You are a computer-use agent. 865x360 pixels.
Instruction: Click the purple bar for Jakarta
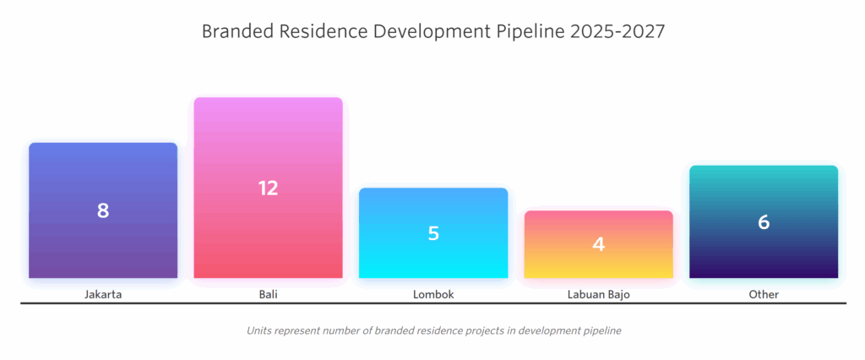(x=103, y=245)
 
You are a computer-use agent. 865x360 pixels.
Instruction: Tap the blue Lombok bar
(x=433, y=258)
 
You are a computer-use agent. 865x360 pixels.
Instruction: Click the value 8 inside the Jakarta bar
(x=103, y=210)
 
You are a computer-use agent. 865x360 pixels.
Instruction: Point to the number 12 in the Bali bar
(x=268, y=188)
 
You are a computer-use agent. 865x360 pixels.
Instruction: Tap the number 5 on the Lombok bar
(x=433, y=233)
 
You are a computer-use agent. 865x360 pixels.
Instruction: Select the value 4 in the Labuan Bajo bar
(x=599, y=244)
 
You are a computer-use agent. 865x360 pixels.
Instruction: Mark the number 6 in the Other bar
(x=764, y=222)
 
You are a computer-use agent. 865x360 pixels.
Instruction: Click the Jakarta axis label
(x=103, y=295)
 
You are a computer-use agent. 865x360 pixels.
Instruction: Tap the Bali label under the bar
(x=268, y=295)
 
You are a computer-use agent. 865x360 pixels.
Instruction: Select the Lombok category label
(x=433, y=295)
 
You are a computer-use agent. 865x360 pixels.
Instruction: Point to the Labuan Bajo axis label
(x=599, y=295)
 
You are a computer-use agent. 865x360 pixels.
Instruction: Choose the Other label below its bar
(x=764, y=295)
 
